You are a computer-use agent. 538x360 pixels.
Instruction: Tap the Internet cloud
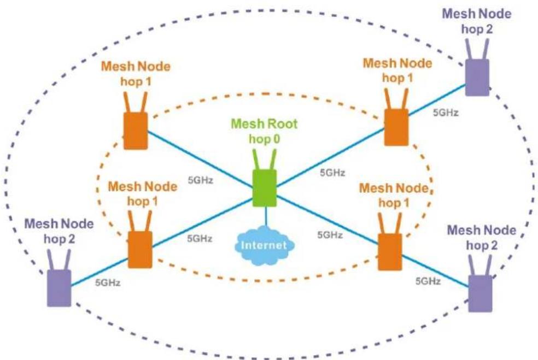264,245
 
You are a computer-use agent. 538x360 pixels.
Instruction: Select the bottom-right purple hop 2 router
480,283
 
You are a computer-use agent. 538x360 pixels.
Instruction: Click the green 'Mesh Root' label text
264,124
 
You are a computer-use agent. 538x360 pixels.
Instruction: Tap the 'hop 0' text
264,139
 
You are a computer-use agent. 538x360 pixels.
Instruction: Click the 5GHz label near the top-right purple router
446,113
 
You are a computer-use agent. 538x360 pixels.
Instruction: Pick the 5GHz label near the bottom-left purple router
108,282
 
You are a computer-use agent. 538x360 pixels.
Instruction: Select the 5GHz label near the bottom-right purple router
428,281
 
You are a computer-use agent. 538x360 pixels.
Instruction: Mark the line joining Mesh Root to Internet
266,217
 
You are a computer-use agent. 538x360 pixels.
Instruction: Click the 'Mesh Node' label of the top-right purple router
477,14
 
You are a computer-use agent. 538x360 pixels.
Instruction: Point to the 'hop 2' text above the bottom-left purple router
59,239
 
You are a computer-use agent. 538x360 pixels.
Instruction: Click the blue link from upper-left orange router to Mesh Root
200,160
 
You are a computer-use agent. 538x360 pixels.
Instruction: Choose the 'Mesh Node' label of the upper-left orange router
136,66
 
